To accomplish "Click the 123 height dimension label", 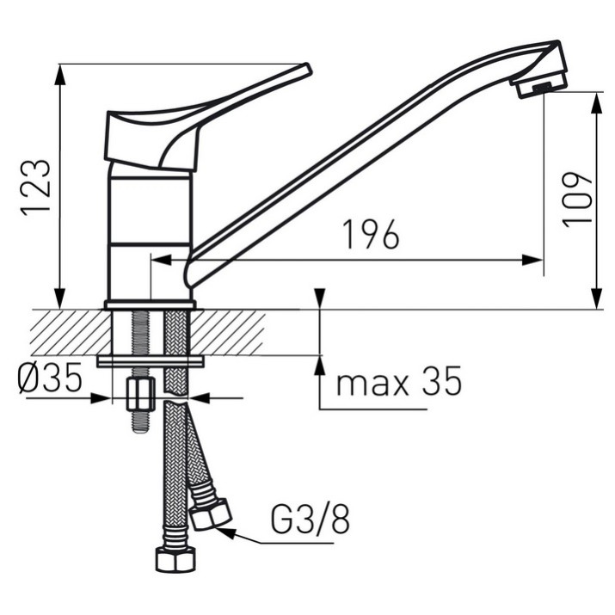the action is (36, 188).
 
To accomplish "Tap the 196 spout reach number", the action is (371, 235).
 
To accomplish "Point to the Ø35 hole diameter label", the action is (50, 378).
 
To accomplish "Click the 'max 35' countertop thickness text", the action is (399, 381).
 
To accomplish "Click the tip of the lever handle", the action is (308, 69).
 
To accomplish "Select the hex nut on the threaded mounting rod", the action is (140, 394).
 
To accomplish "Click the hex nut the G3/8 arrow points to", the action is (210, 514).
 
